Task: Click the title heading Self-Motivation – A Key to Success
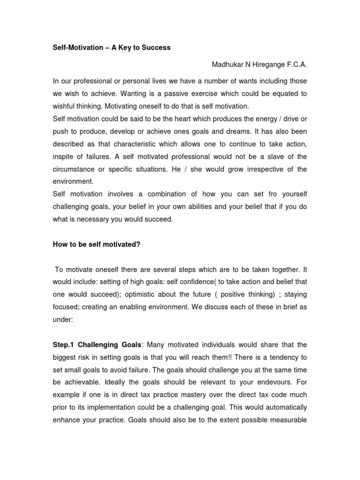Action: (x=112, y=47)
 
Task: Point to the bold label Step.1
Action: (x=65, y=345)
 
